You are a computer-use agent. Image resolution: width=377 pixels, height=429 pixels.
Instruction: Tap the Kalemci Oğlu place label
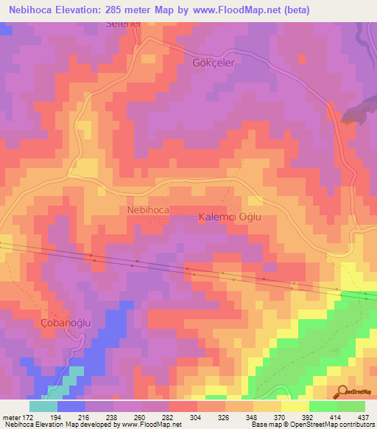tap(230, 217)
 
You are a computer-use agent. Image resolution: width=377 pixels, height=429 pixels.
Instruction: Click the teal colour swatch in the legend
tap(43, 406)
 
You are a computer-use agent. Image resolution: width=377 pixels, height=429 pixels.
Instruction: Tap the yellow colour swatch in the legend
tap(295, 406)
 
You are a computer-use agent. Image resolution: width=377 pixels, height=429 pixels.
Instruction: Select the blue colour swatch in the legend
tap(71, 406)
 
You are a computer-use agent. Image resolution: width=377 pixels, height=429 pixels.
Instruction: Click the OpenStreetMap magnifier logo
tap(342, 392)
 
